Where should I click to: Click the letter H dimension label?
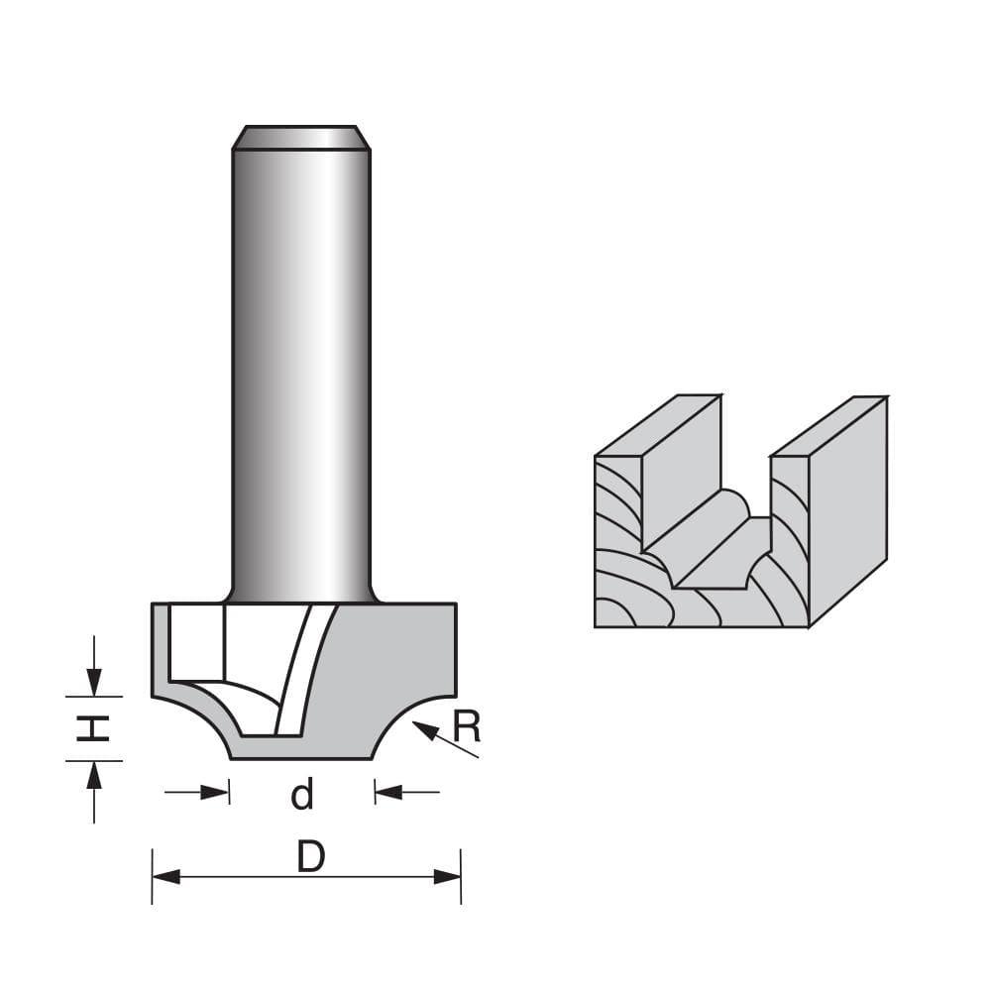(x=93, y=728)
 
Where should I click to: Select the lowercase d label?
(x=302, y=794)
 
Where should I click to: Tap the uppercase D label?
(x=310, y=858)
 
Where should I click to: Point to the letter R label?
(x=466, y=727)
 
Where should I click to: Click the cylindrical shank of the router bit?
(x=301, y=377)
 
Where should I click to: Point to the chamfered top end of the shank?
(x=301, y=137)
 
